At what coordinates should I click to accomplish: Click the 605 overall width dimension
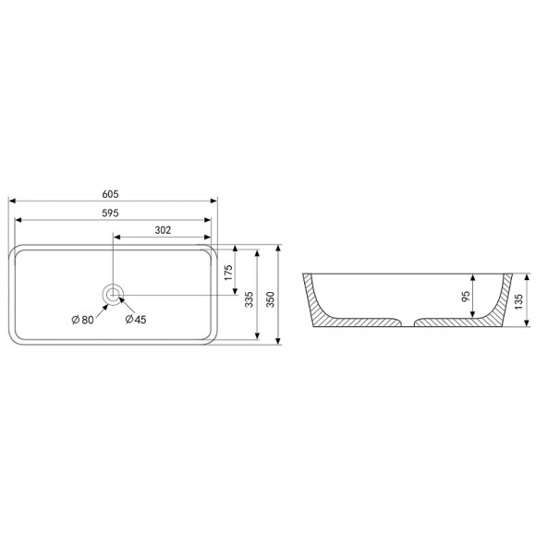[x=110, y=194]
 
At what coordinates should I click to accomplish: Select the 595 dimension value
[x=110, y=213]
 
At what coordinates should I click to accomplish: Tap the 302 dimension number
[x=163, y=230]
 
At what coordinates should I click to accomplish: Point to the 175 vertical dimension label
[x=228, y=273]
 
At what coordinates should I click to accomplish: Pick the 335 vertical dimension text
[x=250, y=299]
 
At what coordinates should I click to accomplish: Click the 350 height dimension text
[x=271, y=299]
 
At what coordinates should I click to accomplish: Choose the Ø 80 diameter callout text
[x=82, y=320]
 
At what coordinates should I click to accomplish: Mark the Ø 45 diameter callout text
[x=136, y=320]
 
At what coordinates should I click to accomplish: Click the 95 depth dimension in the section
[x=466, y=297]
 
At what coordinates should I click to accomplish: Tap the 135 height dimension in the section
[x=518, y=301]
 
